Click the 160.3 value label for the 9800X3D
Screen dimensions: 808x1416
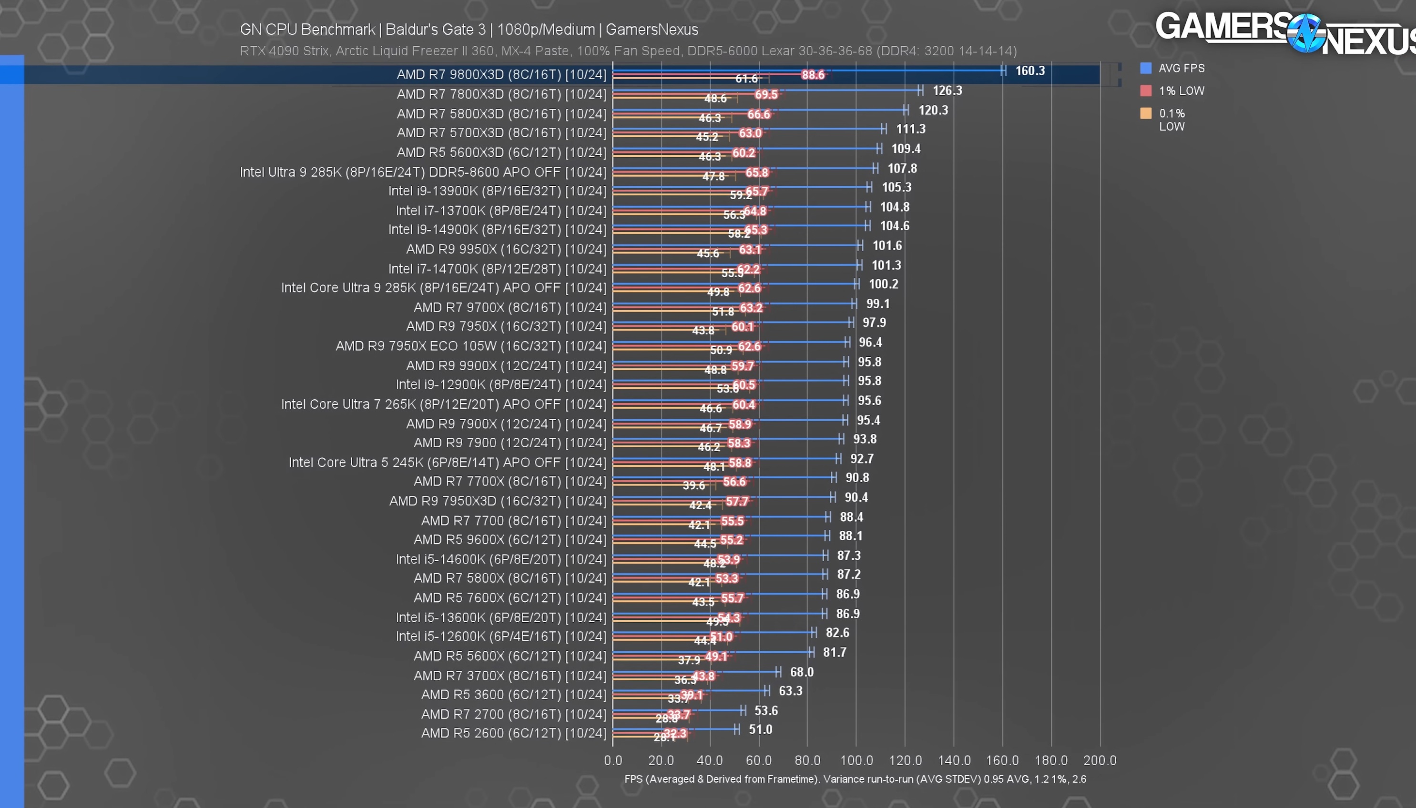pyautogui.click(x=1029, y=71)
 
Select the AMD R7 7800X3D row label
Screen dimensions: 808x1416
pyautogui.click(x=501, y=94)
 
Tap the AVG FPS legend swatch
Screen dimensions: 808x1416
pyautogui.click(x=1145, y=68)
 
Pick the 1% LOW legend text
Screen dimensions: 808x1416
pyautogui.click(x=1181, y=91)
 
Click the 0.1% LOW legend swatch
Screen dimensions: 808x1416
pyautogui.click(x=1145, y=114)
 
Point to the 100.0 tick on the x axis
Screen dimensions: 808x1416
pyautogui.click(x=856, y=760)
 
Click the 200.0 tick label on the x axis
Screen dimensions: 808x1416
pyautogui.click(x=1100, y=760)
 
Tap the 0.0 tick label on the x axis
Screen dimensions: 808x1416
pyautogui.click(x=613, y=760)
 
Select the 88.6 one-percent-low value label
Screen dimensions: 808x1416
pyautogui.click(x=813, y=75)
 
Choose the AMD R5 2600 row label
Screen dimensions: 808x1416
pyautogui.click(x=513, y=733)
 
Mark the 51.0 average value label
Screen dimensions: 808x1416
pyautogui.click(x=761, y=729)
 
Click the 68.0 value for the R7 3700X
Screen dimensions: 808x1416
pyautogui.click(x=802, y=672)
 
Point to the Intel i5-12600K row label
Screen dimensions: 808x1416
pyautogui.click(x=501, y=636)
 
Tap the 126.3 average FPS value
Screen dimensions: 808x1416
pyautogui.click(x=947, y=91)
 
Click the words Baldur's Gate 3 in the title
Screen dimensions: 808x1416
pyautogui.click(x=435, y=30)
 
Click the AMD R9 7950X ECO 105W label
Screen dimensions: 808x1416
pyautogui.click(x=471, y=346)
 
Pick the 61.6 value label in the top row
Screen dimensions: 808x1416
pyautogui.click(x=746, y=79)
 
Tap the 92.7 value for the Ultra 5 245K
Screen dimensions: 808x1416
pyautogui.click(x=862, y=459)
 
